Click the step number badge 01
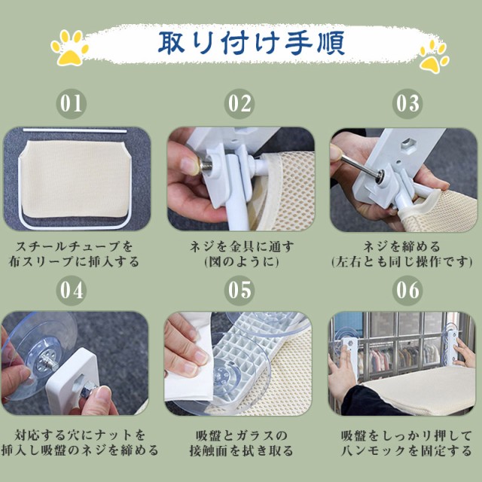pos(71,104)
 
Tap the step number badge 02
pos(239,104)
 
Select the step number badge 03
pos(407,104)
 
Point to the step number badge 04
pos(71,290)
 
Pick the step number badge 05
pos(239,290)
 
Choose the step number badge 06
pos(407,290)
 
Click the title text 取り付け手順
pos(251,43)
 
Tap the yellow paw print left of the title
pos(70,47)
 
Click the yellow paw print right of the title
pos(434,57)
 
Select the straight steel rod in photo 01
pos(75,131)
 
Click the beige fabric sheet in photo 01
pos(75,178)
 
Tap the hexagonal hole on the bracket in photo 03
pos(407,142)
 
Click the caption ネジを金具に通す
pos(242,246)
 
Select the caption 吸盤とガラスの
pos(242,435)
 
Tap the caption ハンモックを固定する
pos(407,450)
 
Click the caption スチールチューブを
pos(74,246)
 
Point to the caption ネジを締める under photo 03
pos(401,246)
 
